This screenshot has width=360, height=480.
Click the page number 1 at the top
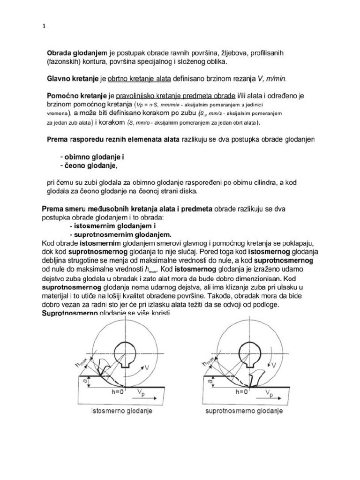click(44, 27)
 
